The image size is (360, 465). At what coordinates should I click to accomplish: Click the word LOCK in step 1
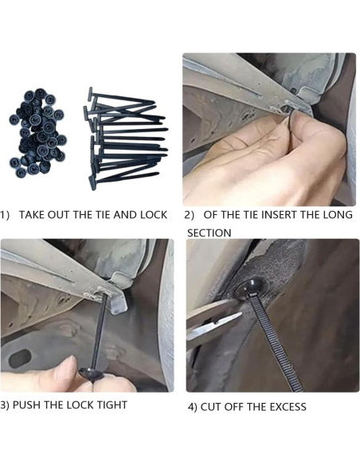pyautogui.click(x=154, y=215)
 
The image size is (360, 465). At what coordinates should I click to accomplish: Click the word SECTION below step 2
pyautogui.click(x=209, y=232)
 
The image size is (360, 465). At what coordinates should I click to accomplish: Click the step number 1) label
pyautogui.click(x=5, y=215)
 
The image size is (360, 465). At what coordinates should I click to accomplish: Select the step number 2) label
pyautogui.click(x=190, y=215)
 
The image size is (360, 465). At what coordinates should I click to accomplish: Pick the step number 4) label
pyautogui.click(x=193, y=407)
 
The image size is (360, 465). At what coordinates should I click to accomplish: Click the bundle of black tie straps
pyautogui.click(x=125, y=139)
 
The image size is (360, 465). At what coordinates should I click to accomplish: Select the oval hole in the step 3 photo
pyautogui.click(x=20, y=358)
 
